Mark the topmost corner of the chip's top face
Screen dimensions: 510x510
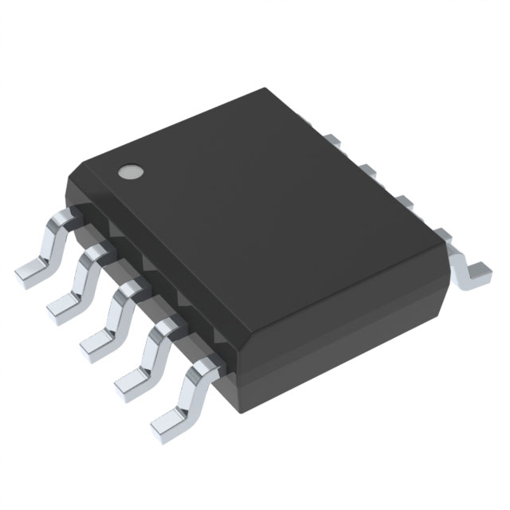tap(280, 89)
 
